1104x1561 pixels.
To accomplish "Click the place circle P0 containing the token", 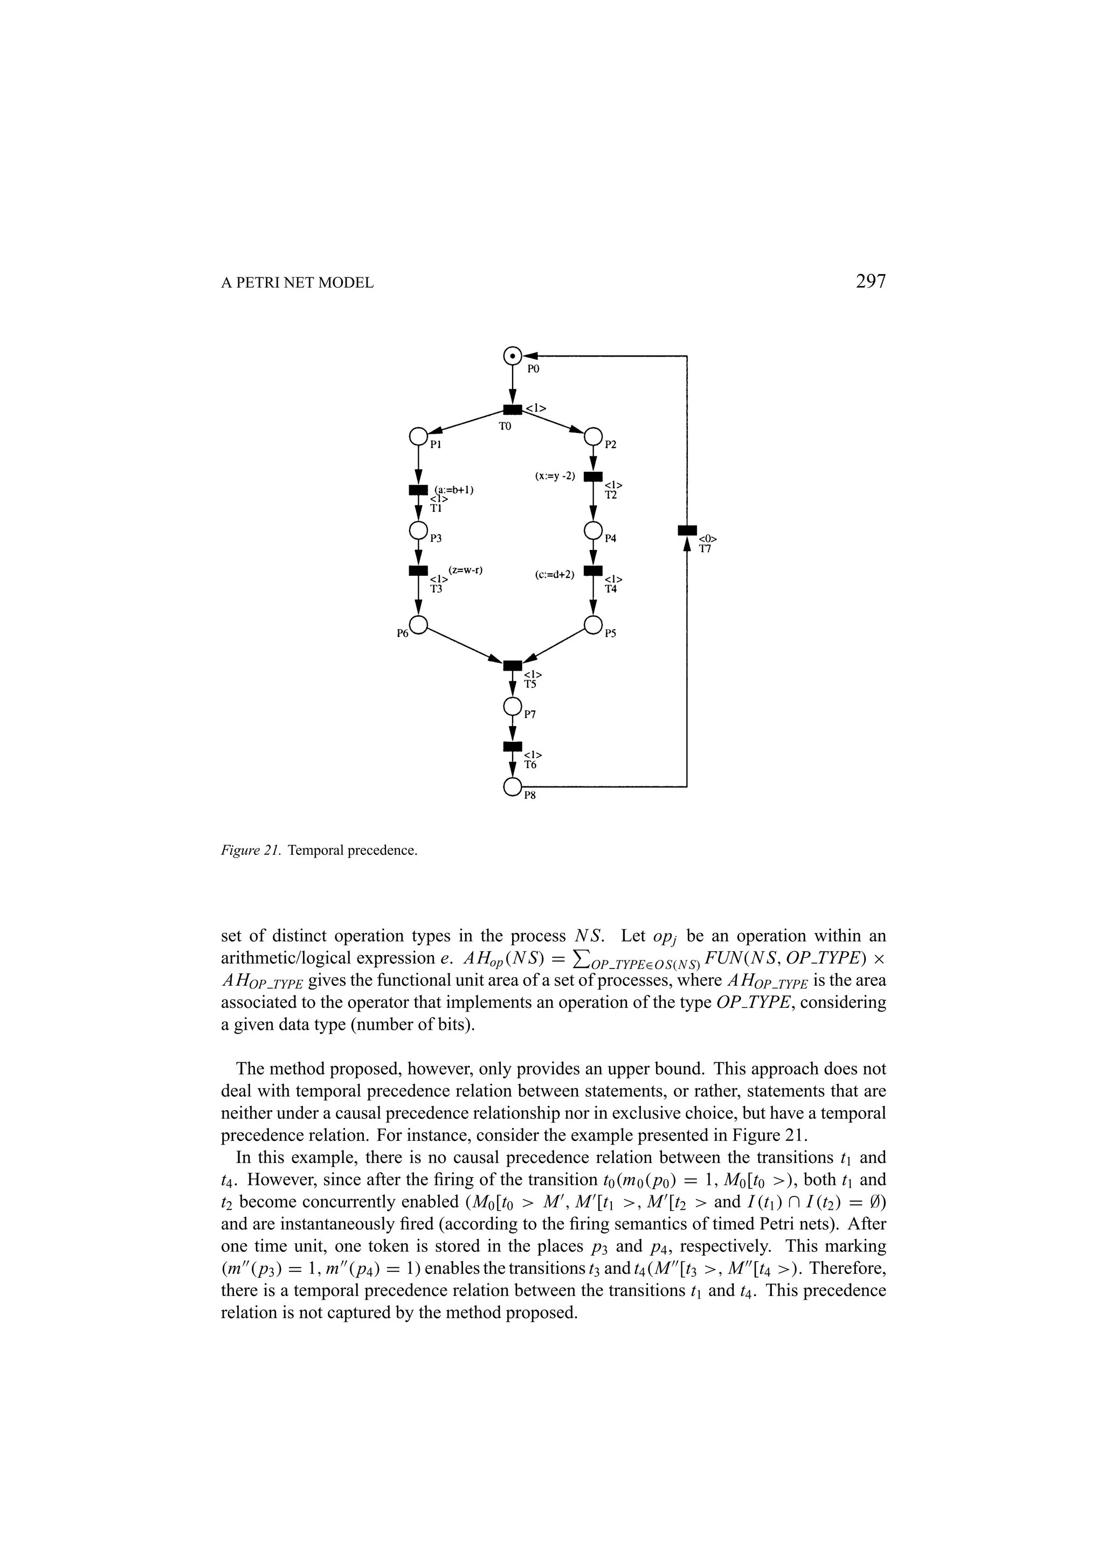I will (512, 355).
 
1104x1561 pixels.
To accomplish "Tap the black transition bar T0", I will (512, 409).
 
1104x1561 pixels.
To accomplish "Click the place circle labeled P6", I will (418, 624).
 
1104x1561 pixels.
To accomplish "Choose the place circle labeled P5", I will (594, 624).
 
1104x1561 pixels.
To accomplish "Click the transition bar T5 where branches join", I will (512, 665).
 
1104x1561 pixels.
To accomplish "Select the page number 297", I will (871, 282).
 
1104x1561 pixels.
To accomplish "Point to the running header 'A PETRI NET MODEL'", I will (297, 283).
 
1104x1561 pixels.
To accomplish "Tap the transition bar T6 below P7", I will (512, 747).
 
